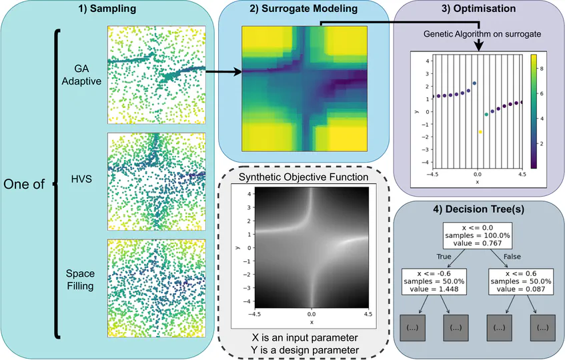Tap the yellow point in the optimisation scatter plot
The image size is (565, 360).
click(x=480, y=132)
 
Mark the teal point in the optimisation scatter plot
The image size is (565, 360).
click(x=486, y=115)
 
